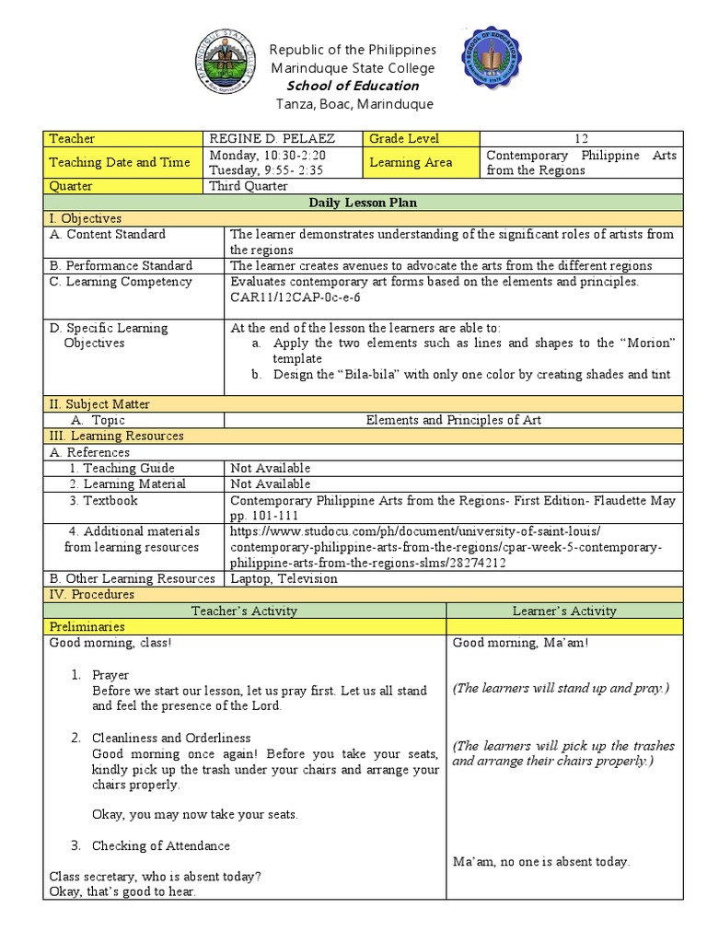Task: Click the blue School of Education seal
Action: pos(491,58)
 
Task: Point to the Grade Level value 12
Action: pos(580,138)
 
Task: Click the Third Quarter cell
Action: pos(249,185)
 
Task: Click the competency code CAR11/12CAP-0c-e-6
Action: pos(295,297)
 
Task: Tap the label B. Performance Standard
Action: pos(121,265)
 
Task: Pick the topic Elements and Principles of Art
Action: pos(454,420)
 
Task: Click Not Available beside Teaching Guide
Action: pos(271,468)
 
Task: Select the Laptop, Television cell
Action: pos(284,578)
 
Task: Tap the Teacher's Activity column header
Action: pos(244,611)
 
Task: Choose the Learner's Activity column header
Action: pos(564,611)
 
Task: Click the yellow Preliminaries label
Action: pos(86,626)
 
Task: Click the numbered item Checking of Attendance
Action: pos(160,845)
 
